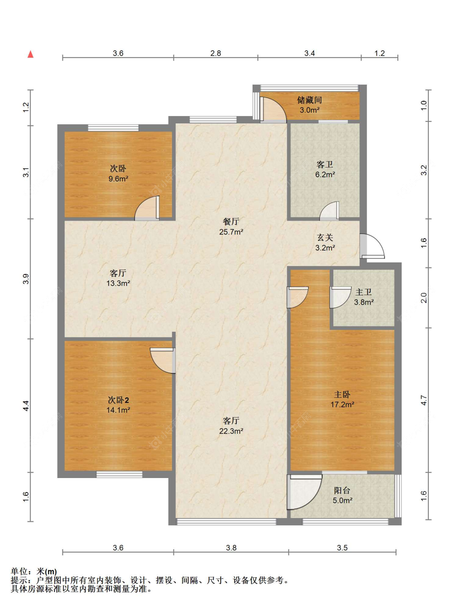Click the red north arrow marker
pos(30,54)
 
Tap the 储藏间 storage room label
pos(309,100)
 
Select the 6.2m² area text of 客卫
pos(325,174)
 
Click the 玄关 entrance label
pos(325,237)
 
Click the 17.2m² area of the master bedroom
pos(342,404)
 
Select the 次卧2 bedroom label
pos(118,400)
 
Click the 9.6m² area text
pos(118,179)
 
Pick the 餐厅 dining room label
pos(231,221)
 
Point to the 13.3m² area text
pos(118,283)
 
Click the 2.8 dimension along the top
pos(215,53)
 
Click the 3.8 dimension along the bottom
pos(231,548)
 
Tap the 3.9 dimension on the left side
pos(26,279)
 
